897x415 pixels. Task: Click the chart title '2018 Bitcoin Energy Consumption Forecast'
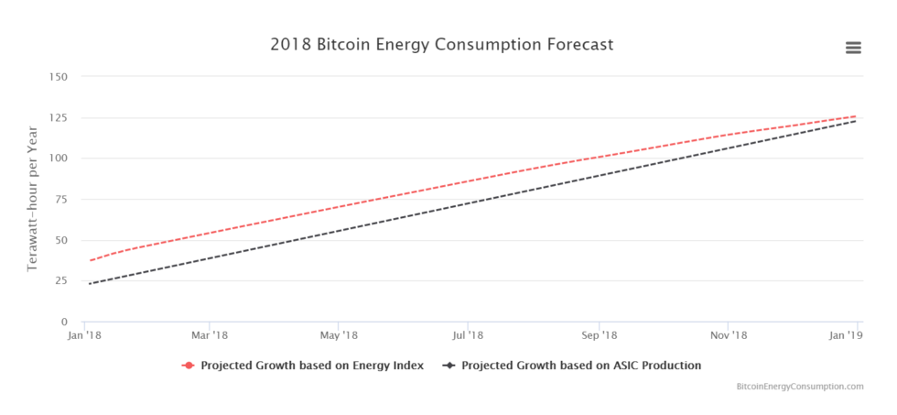tap(441, 44)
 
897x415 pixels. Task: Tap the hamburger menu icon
tap(853, 48)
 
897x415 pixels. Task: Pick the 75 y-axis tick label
tap(59, 199)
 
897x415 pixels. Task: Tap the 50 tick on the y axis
tap(59, 240)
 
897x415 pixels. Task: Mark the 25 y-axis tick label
tap(59, 280)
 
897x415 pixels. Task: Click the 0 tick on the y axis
tap(63, 322)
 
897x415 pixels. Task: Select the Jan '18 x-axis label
tap(85, 335)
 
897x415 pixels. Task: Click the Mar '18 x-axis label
tap(211, 335)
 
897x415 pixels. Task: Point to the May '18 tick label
tap(339, 335)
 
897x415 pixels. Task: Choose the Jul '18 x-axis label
tap(468, 335)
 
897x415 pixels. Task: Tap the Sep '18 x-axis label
tap(599, 335)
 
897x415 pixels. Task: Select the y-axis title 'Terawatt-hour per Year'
tap(32, 199)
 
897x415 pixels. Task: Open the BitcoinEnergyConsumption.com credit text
tap(800, 387)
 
